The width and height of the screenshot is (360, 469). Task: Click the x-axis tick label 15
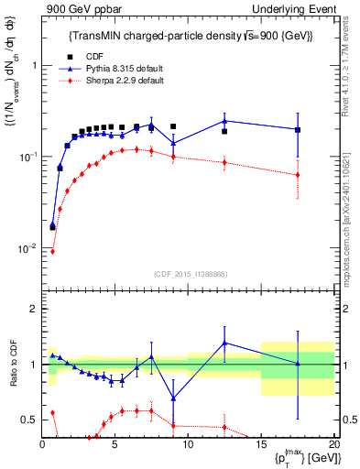(260, 443)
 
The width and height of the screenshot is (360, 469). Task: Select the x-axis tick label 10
(188, 443)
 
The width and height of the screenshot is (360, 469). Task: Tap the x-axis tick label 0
(43, 443)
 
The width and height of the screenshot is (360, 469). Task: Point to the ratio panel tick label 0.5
(30, 420)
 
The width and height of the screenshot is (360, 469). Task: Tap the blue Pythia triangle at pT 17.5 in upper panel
(297, 129)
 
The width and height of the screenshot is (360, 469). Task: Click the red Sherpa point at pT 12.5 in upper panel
(224, 163)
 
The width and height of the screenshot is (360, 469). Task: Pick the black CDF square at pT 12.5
(224, 132)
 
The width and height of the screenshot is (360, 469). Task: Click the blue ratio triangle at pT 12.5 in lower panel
(224, 344)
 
